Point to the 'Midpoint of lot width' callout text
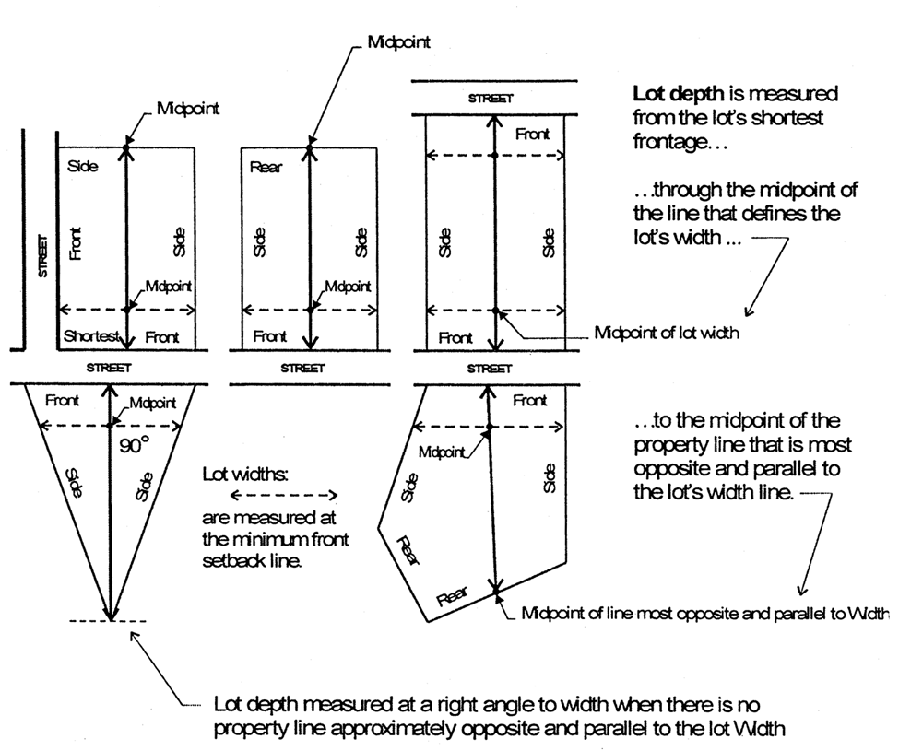click(x=667, y=333)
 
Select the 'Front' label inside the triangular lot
click(x=62, y=401)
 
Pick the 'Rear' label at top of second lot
click(x=266, y=168)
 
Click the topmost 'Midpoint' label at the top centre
click(x=398, y=42)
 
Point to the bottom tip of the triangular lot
click(x=112, y=620)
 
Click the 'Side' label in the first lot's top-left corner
click(x=82, y=168)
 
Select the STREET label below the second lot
click(x=303, y=368)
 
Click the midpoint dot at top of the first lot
click(x=126, y=147)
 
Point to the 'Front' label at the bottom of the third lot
click(x=455, y=338)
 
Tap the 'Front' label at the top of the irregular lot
click(x=529, y=401)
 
